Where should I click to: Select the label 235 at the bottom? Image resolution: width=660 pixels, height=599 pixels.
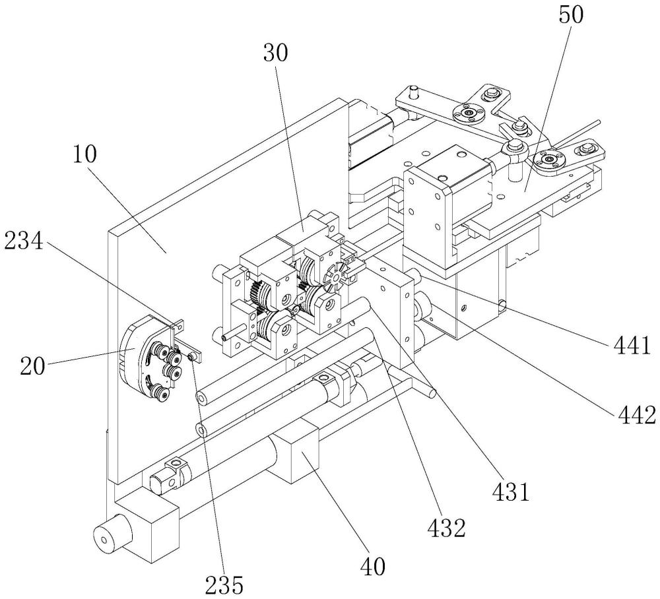223,583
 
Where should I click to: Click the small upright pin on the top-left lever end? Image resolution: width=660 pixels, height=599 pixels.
413,89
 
